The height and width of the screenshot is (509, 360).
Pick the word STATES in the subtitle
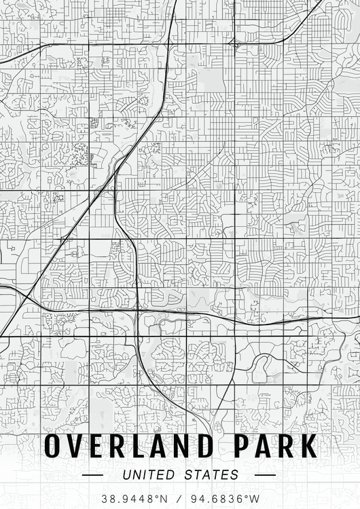(211, 475)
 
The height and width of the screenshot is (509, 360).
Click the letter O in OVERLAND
(55, 447)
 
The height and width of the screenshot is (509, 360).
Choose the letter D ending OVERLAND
(206, 447)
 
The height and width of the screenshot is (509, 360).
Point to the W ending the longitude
(255, 499)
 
